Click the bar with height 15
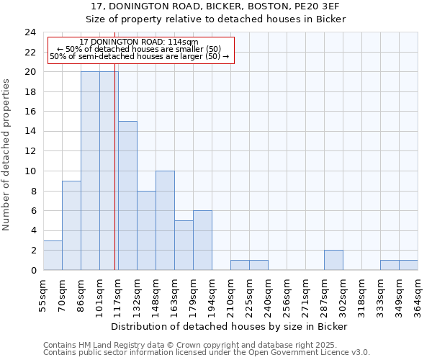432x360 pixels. pyautogui.click(x=127, y=195)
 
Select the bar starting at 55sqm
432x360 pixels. pyautogui.click(x=53, y=255)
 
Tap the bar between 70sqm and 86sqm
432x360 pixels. pyautogui.click(x=71, y=225)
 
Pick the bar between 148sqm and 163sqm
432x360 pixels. pyautogui.click(x=165, y=220)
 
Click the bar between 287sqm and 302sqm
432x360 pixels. pyautogui.click(x=333, y=260)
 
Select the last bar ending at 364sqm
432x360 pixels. pyautogui.click(x=408, y=265)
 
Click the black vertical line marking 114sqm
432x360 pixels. pyautogui.click(x=115, y=173)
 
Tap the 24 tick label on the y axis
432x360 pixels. pyautogui.click(x=30, y=32)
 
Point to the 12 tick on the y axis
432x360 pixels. pyautogui.click(x=30, y=151)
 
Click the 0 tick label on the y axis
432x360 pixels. pyautogui.click(x=32, y=270)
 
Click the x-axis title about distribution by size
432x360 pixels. pyautogui.click(x=230, y=326)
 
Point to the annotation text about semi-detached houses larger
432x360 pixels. pyautogui.click(x=140, y=56)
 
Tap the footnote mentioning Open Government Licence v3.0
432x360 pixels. pyautogui.click(x=207, y=353)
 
